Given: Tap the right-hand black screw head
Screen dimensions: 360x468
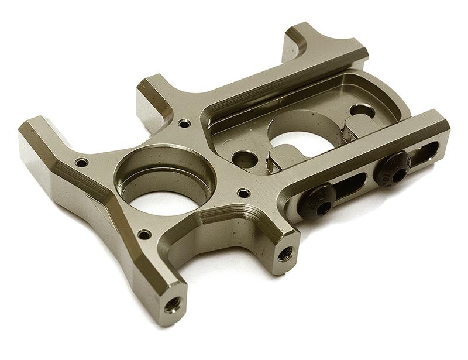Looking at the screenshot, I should point(393,168).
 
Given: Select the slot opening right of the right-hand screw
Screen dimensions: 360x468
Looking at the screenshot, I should point(425,153).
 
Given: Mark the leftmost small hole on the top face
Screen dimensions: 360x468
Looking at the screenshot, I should point(81,162).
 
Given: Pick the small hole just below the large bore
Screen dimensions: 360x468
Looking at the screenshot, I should point(143,235).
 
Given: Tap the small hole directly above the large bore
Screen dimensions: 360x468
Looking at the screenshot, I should point(184,124).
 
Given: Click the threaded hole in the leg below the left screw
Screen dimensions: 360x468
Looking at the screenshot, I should point(285,253).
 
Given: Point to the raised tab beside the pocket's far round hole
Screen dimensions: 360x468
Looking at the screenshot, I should point(357,125).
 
